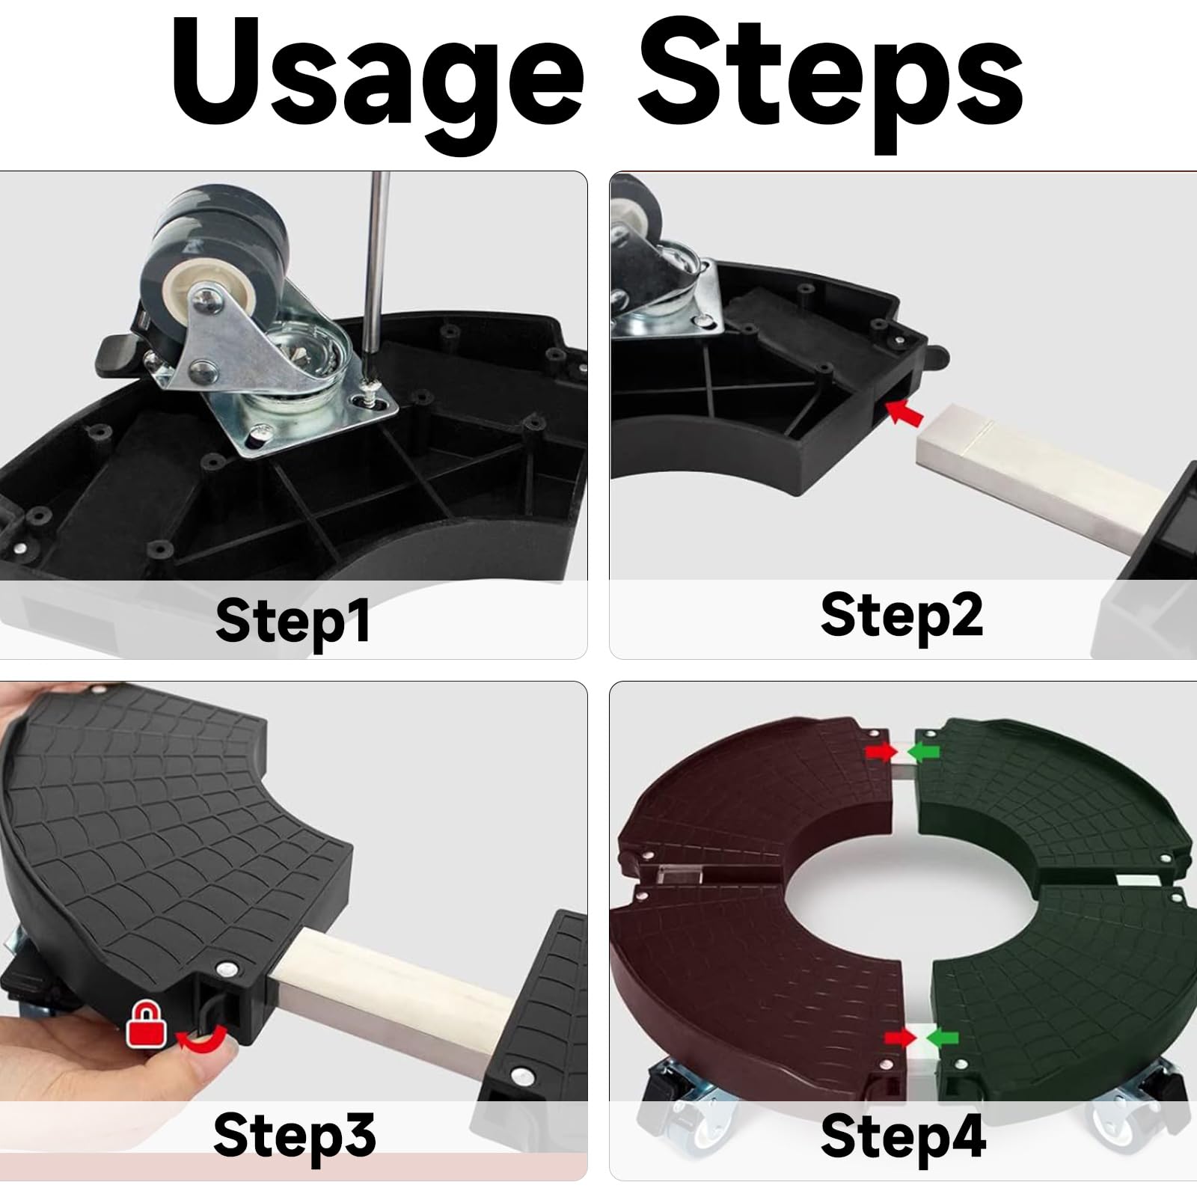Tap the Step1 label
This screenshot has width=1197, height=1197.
(293, 620)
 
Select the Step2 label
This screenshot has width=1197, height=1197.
(901, 615)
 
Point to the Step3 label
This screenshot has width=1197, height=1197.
(294, 1135)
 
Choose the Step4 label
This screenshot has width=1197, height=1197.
(903, 1136)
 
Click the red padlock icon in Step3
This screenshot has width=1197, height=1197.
(147, 1023)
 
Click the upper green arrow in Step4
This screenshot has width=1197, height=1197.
(923, 750)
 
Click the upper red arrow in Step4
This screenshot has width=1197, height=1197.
(879, 751)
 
